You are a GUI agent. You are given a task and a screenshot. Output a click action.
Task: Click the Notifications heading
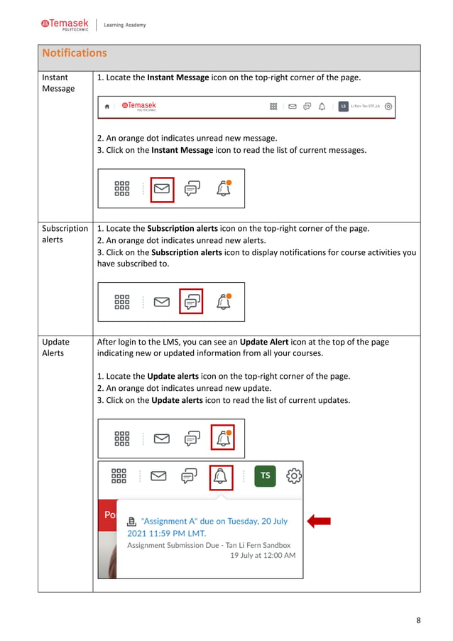75,53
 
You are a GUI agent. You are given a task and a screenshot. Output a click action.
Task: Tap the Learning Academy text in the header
124,25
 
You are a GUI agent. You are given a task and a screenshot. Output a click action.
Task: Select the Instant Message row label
58,82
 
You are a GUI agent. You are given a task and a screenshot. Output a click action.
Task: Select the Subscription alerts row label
65,234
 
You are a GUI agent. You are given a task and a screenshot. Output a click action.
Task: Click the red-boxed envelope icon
163,189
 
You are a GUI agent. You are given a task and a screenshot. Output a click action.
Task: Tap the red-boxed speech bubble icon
191,302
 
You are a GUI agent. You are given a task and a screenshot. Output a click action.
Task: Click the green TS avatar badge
265,475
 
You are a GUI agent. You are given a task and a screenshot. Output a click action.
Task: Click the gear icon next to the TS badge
294,475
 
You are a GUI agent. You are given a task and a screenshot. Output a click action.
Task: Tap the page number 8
418,620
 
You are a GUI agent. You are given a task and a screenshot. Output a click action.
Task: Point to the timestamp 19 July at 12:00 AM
263,555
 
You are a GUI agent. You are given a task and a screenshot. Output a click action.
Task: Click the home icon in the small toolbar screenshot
107,106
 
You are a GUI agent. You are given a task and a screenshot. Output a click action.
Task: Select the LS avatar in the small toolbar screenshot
343,106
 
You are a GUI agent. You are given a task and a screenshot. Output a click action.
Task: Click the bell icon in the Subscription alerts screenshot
224,302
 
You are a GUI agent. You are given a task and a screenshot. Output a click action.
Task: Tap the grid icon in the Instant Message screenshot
122,188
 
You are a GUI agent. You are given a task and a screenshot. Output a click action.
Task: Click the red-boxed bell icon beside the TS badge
221,475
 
